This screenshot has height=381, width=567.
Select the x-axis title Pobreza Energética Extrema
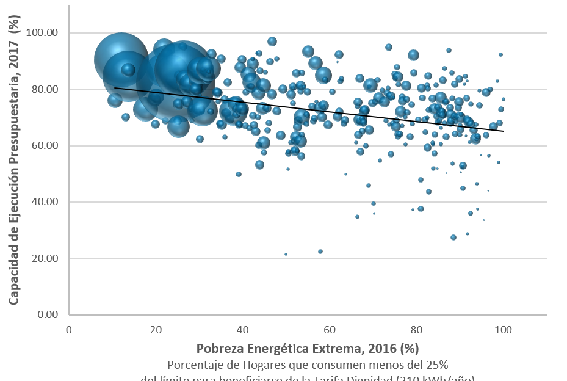[308, 349]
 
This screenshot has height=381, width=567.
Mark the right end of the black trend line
[504, 131]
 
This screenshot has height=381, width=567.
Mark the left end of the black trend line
[114, 88]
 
